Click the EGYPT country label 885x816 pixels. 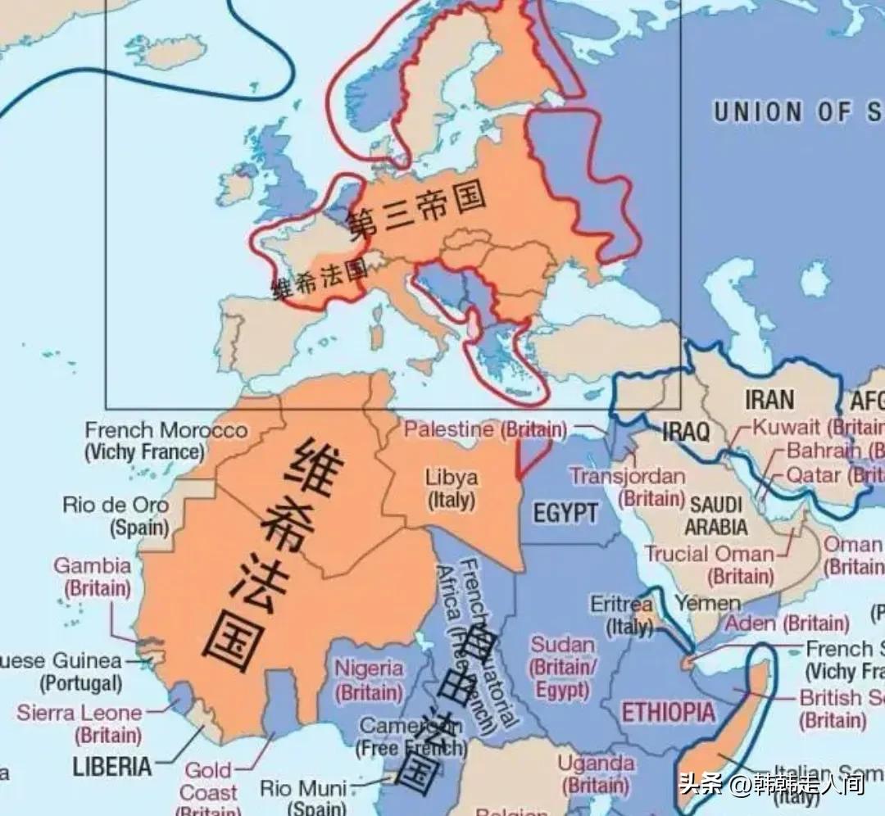(565, 514)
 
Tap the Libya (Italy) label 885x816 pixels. (451, 488)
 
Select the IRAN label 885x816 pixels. (769, 400)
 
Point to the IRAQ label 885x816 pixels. (684, 432)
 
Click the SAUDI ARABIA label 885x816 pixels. (716, 515)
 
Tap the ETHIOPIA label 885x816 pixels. (668, 712)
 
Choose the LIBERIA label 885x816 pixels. (112, 767)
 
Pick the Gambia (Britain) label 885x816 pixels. (93, 577)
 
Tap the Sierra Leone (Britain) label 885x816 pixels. (79, 723)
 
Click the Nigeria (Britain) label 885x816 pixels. (370, 680)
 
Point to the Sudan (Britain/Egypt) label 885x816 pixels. (563, 667)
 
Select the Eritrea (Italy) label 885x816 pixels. (622, 614)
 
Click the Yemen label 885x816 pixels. (707, 604)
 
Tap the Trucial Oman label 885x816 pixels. (709, 554)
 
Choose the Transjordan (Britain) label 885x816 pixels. (628, 487)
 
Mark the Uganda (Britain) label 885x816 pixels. (597, 773)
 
